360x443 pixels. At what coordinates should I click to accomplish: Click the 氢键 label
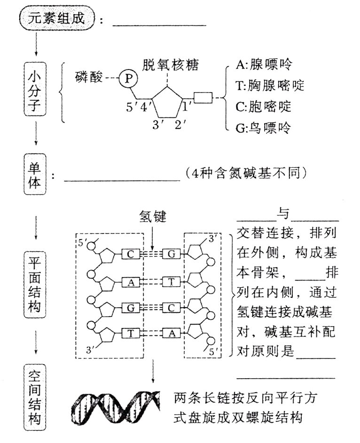click(x=153, y=217)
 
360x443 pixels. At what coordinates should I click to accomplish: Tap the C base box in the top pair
click(x=130, y=254)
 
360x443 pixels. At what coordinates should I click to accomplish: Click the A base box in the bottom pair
click(x=171, y=333)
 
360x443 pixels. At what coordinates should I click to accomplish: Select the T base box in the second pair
click(x=171, y=281)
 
